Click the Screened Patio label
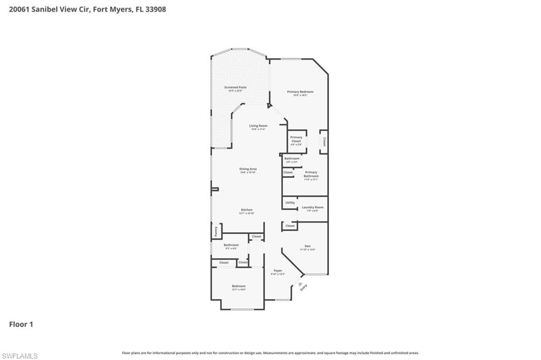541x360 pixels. [x=235, y=87]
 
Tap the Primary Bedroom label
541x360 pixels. [x=300, y=92]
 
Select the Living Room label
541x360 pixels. [x=258, y=126]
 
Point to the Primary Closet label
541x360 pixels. [x=296, y=140]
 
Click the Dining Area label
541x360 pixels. [x=248, y=169]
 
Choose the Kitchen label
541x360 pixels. [x=247, y=210]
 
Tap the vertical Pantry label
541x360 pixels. [x=216, y=231]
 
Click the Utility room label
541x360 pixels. [x=290, y=202]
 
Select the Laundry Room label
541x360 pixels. [x=312, y=207]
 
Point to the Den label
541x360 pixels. [x=307, y=246]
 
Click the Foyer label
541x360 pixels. [x=277, y=271]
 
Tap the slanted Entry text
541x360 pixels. [x=303, y=288]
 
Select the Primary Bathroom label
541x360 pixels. [x=311, y=174]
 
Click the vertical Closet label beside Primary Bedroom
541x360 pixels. [x=324, y=142]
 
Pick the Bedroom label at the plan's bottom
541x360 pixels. [x=238, y=286]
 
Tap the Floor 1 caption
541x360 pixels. [x=21, y=324]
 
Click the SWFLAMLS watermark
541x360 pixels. [x=20, y=356]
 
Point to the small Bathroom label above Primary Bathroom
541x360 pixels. [x=292, y=159]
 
